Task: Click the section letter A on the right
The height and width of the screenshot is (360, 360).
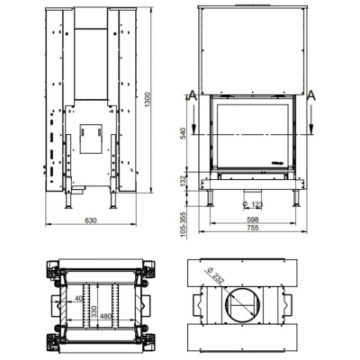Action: point(310,94)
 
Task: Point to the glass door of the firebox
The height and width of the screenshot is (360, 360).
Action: point(252,135)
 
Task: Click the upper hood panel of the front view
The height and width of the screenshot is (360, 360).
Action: point(252,49)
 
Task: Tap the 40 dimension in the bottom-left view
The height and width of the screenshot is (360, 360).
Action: point(78,298)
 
